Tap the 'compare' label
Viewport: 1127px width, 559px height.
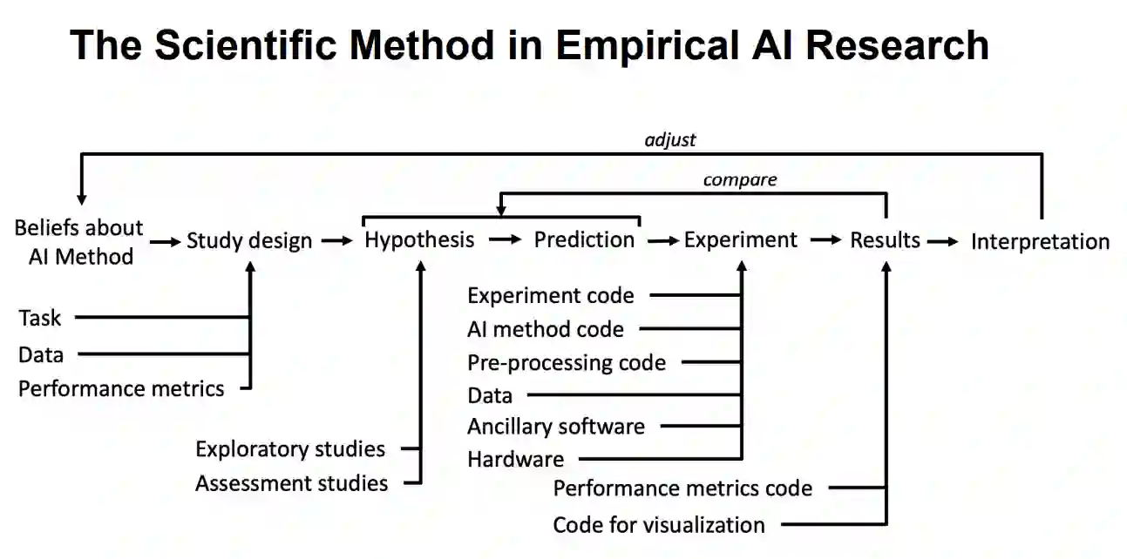coord(740,180)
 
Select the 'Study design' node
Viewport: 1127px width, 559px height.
coord(249,240)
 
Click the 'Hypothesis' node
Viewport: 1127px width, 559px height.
coord(420,239)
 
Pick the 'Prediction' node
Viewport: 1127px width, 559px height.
coord(584,239)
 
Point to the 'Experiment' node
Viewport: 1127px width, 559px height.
coord(741,239)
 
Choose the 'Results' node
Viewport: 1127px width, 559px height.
coord(885,239)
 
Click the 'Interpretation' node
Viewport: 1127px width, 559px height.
coord(1040,241)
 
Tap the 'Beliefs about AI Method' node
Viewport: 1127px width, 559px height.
coord(78,241)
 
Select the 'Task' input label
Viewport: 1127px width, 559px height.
coord(40,318)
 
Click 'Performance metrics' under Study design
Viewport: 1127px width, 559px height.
coord(121,388)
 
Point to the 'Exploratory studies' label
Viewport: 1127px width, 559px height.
coord(290,449)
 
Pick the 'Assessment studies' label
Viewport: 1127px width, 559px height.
coord(291,482)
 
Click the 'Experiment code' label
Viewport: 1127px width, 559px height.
coord(550,295)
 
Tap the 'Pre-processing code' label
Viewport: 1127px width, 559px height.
coord(567,362)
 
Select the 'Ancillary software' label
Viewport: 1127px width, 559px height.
coord(556,427)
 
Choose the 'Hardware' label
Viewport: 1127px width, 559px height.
coord(515,459)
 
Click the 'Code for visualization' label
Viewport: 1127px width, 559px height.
coord(659,525)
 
